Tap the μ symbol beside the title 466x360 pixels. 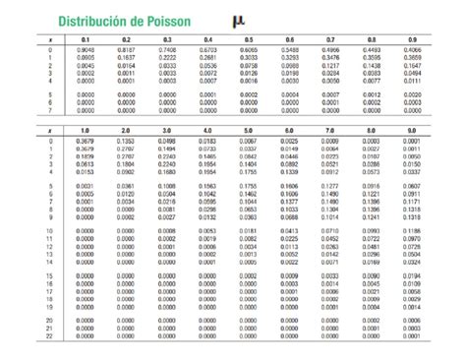point(237,20)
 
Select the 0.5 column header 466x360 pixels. point(249,39)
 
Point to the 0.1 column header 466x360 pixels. point(86,39)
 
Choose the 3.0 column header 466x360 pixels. point(166,130)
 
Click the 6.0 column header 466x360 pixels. point(289,130)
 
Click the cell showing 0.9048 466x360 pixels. point(86,49)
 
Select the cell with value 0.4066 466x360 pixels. point(412,49)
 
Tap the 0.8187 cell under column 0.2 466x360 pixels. point(126,49)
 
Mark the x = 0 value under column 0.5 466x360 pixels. point(249,49)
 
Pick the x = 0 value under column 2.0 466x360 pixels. point(126,141)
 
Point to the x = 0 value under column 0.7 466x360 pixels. point(330,49)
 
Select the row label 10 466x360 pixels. point(49,229)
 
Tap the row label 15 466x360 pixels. point(49,277)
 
